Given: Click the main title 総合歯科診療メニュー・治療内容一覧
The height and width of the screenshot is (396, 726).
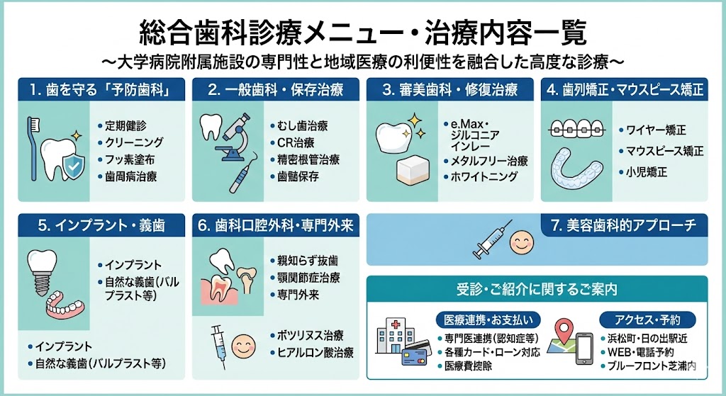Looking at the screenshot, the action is pyautogui.click(x=362, y=33).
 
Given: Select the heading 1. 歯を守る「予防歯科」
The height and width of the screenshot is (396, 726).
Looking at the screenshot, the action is pyautogui.click(x=101, y=89).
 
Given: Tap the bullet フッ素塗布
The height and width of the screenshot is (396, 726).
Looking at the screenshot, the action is pyautogui.click(x=126, y=159).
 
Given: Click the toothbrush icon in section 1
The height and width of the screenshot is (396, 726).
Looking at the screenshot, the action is pyautogui.click(x=33, y=148).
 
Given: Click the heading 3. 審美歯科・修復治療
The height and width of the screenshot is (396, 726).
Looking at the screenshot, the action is pyautogui.click(x=449, y=89).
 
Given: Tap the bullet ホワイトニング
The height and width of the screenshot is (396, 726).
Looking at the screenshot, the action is pyautogui.click(x=481, y=176).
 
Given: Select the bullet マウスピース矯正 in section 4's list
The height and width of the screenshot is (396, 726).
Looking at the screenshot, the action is pyautogui.click(x=661, y=151).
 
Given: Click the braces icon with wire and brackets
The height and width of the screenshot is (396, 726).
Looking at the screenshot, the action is pyautogui.click(x=577, y=129).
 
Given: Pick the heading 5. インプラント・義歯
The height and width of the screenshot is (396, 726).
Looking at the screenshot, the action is pyautogui.click(x=101, y=225).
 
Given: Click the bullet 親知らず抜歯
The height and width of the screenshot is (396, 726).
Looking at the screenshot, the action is pyautogui.click(x=304, y=261).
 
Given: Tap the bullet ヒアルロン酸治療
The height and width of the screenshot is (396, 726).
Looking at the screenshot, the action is pyautogui.click(x=312, y=353).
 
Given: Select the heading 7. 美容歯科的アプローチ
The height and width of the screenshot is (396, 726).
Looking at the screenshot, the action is pyautogui.click(x=624, y=225).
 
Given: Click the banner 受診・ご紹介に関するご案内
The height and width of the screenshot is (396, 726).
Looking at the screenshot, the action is pyautogui.click(x=537, y=290).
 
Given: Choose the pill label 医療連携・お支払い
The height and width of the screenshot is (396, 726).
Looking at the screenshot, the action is pyautogui.click(x=488, y=319).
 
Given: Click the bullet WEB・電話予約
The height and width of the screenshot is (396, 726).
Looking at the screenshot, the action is pyautogui.click(x=637, y=352).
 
